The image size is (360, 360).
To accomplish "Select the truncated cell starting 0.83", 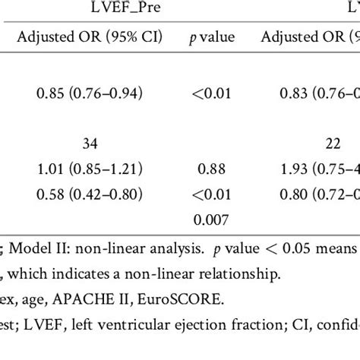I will click(319, 94).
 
